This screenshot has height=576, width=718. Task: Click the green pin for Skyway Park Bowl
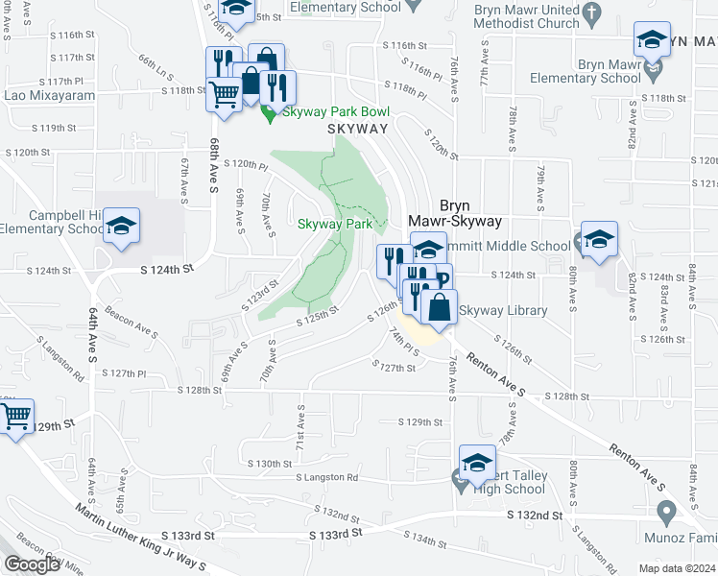coord(270,114)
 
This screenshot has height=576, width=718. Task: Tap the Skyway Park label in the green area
coord(334,224)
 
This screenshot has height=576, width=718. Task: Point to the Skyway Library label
coord(503,310)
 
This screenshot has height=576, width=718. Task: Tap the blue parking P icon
coord(443,281)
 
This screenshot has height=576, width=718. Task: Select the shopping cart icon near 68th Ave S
coord(224,95)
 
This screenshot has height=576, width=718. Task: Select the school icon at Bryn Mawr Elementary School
coord(652,41)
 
